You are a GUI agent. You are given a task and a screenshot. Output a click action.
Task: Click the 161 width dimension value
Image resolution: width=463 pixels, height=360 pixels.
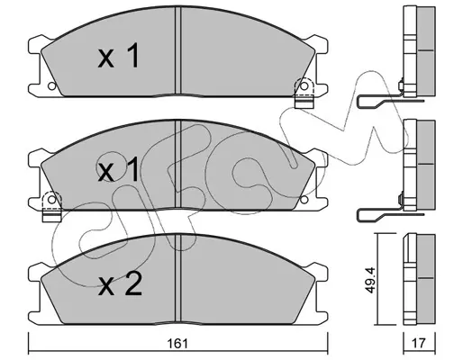pos(179,344)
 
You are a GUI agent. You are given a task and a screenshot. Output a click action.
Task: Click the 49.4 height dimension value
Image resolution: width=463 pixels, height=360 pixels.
pos(370,279)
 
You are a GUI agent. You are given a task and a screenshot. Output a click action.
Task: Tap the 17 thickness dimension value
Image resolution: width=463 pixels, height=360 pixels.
pos(419,343)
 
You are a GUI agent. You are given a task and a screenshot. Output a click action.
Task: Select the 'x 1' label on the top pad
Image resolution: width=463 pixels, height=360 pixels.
pos(119,56)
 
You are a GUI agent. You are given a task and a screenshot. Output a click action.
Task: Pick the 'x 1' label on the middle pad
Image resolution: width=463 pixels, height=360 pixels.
pos(119,169)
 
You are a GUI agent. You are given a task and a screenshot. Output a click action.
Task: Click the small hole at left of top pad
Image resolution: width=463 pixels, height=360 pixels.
pos(51,86)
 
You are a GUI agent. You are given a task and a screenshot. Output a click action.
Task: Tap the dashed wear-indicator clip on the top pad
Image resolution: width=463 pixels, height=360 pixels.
pos(304,93)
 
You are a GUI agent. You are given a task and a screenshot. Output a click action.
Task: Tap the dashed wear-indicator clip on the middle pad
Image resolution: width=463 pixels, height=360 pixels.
pos(51,206)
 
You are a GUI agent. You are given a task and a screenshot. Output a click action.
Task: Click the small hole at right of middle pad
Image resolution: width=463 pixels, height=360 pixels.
pos(304,200)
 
